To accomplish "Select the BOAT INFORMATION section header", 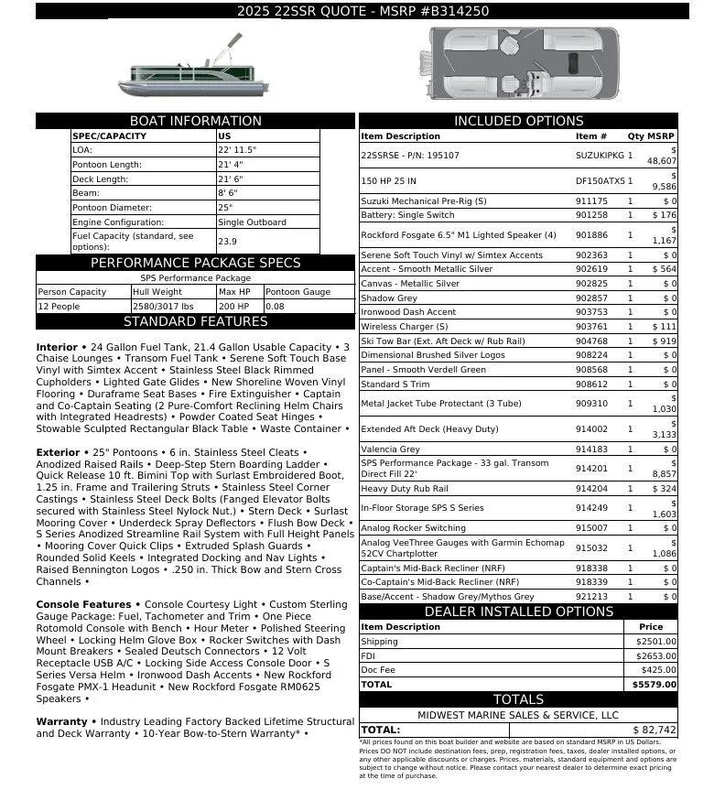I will click(x=195, y=121).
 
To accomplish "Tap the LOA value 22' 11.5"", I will click(x=237, y=150).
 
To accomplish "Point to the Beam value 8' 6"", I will click(x=229, y=193).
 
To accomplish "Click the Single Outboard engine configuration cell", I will click(x=252, y=222).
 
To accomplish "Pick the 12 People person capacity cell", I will click(x=59, y=307).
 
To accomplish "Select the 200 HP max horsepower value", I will click(x=233, y=307).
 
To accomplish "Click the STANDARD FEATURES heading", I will click(x=195, y=321).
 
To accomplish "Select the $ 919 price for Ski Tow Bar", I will click(x=664, y=341).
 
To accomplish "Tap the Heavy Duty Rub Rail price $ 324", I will click(x=664, y=489).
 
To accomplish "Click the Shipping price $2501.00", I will click(x=655, y=642).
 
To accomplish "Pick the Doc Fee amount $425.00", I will click(x=658, y=669).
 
